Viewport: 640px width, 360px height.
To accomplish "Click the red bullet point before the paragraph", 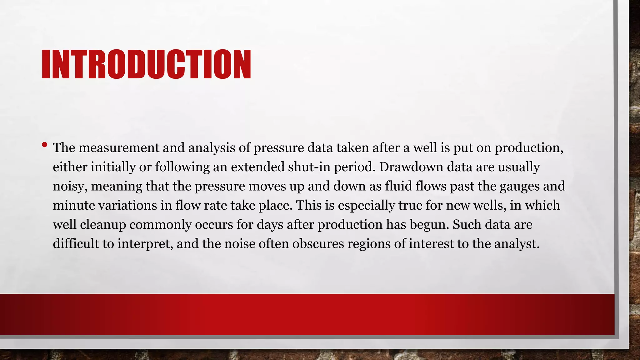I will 44,145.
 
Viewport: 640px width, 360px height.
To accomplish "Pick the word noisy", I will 70,187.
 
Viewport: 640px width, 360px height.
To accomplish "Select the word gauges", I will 519,187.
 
